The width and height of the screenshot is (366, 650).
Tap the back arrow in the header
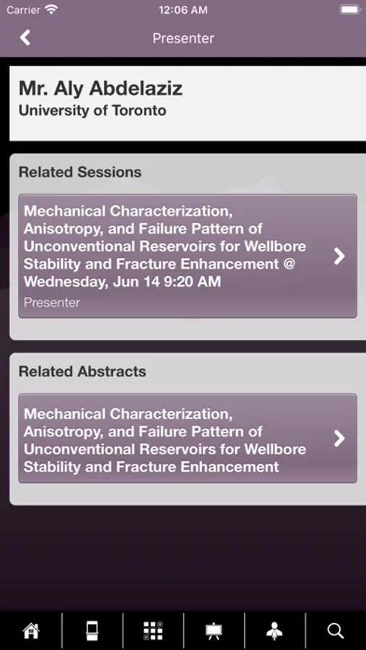pyautogui.click(x=25, y=38)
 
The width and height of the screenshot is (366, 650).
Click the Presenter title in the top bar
pyautogui.click(x=183, y=38)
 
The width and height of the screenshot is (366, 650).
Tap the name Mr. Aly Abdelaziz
pyautogui.click(x=101, y=88)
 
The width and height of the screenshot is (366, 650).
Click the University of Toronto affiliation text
pyautogui.click(x=92, y=110)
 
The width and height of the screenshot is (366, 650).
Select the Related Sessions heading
pyautogui.click(x=80, y=172)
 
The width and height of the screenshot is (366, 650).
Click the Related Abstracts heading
pyautogui.click(x=82, y=371)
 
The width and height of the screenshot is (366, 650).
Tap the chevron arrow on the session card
pyautogui.click(x=339, y=256)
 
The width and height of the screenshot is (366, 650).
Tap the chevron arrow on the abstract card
pyautogui.click(x=339, y=438)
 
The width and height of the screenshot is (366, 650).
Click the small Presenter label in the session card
pyautogui.click(x=52, y=303)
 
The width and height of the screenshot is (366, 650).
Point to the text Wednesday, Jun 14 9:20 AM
pyautogui.click(x=122, y=282)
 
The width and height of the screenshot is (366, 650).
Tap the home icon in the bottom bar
pyautogui.click(x=31, y=631)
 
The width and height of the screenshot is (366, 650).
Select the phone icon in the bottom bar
pyautogui.click(x=92, y=631)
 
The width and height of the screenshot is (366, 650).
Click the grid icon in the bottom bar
pyautogui.click(x=153, y=631)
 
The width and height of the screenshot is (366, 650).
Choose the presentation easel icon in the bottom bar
pyautogui.click(x=214, y=631)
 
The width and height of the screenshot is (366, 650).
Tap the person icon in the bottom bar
pyautogui.click(x=274, y=631)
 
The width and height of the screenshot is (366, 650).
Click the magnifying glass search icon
pyautogui.click(x=336, y=631)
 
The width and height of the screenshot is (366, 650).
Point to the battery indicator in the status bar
pyautogui.click(x=350, y=10)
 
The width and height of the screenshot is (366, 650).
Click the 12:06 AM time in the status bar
pyautogui.click(x=183, y=10)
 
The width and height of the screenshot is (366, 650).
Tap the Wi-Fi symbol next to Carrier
pyautogui.click(x=51, y=10)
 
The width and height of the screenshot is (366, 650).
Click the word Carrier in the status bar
pyautogui.click(x=23, y=10)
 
